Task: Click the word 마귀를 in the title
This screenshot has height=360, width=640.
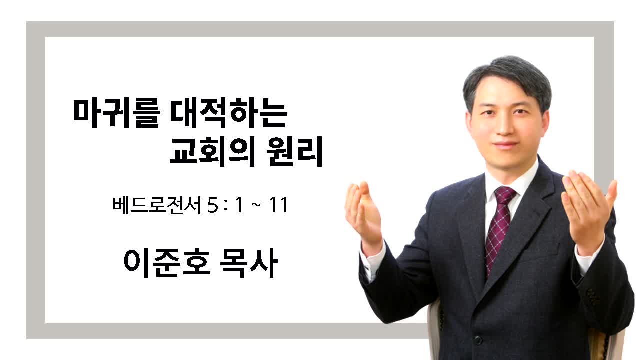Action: (116, 113)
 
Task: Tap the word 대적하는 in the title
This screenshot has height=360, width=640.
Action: (229, 113)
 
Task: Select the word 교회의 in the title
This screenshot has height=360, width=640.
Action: (212, 151)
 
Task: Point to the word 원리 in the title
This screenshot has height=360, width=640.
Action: (294, 151)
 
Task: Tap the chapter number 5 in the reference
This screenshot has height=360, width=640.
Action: (213, 205)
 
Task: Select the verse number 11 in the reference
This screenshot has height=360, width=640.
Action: (278, 205)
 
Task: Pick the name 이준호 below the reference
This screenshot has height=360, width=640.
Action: (167, 263)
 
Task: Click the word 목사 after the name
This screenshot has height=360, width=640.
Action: (249, 263)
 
